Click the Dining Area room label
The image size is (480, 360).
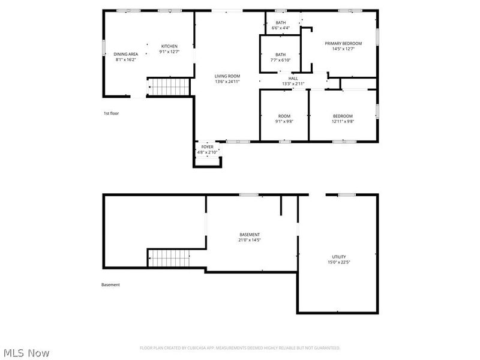[125, 54]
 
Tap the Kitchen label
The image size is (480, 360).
[169, 46]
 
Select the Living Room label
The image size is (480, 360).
[227, 76]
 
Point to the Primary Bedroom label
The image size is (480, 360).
[343, 43]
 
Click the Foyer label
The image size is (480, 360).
[207, 147]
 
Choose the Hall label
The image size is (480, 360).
[293, 78]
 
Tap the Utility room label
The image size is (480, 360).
[339, 257]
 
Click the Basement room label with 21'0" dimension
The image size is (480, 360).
[250, 235]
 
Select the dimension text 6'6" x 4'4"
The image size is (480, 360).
[281, 28]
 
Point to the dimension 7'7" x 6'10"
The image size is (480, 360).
[280, 60]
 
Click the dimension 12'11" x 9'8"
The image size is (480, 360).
[343, 121]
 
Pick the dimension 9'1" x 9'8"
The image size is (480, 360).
[284, 121]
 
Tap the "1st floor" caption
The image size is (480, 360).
[111, 113]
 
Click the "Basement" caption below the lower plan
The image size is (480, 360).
[110, 285]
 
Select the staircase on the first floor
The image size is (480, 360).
[169, 87]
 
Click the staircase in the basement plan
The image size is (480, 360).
[169, 259]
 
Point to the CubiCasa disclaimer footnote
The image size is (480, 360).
[240, 348]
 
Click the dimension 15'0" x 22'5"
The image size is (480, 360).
[339, 262]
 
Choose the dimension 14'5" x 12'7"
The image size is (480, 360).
[343, 49]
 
